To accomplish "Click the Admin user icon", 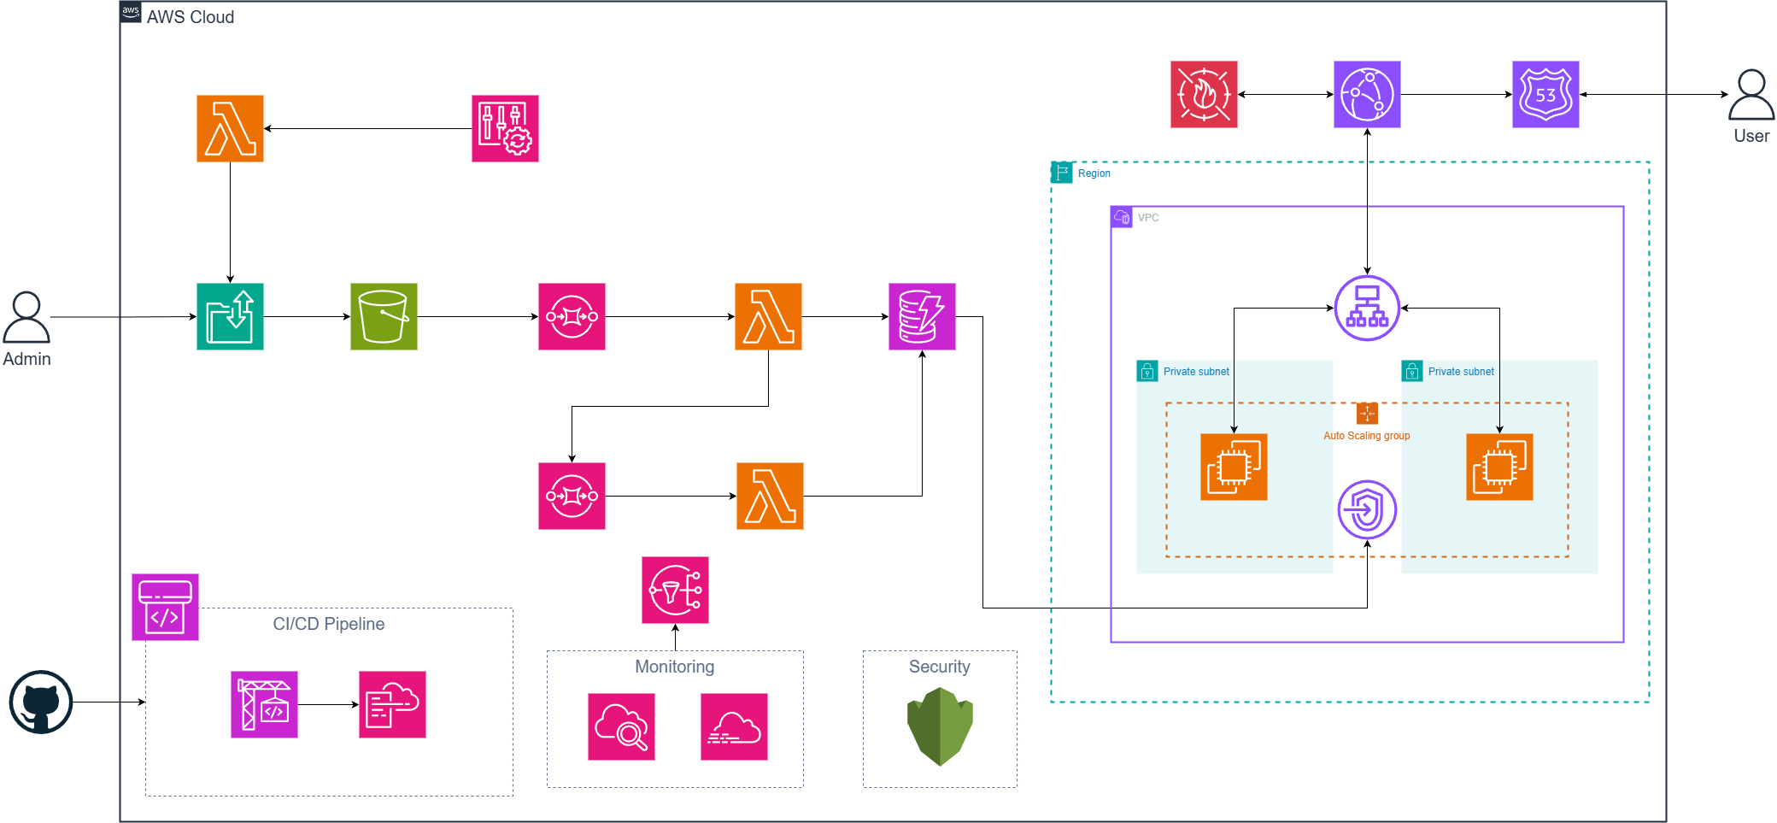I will click(26, 318).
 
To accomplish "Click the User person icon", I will click(1751, 95).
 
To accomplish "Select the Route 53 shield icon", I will click(1545, 95).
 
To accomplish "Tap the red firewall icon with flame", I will click(1203, 95).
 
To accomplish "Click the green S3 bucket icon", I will click(384, 317).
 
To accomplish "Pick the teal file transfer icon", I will click(230, 317).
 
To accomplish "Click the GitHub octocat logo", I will click(40, 702).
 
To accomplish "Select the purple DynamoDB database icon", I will click(921, 317).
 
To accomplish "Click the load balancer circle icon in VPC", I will click(1366, 309).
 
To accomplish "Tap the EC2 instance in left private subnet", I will click(1233, 467).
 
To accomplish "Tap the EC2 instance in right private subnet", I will click(1498, 467).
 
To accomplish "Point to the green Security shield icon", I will click(939, 726).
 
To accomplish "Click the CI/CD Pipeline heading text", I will click(328, 624).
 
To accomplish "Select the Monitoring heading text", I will click(674, 667).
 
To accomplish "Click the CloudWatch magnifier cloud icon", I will click(621, 726).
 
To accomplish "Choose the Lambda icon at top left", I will click(230, 129).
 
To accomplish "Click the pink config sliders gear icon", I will click(505, 129).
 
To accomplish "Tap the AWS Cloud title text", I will click(190, 17).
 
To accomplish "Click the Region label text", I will click(1094, 173).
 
